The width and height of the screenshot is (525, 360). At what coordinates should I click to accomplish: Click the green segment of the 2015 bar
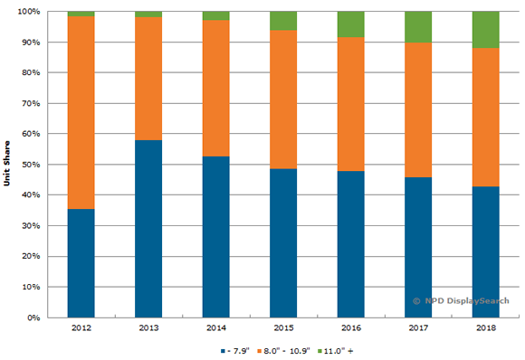coord(282,21)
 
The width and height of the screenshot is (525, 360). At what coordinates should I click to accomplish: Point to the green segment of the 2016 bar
coord(350,24)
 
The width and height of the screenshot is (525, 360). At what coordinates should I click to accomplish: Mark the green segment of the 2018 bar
coord(486,30)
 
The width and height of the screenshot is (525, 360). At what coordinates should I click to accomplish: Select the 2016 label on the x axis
coord(350,327)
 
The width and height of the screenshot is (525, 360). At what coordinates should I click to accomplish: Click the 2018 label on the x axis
coord(486,327)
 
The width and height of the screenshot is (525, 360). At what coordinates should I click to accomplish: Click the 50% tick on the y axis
coord(28,165)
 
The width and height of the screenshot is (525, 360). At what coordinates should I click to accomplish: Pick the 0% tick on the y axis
coord(31,317)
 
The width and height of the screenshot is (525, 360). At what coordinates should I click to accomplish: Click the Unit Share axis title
coord(7,165)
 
